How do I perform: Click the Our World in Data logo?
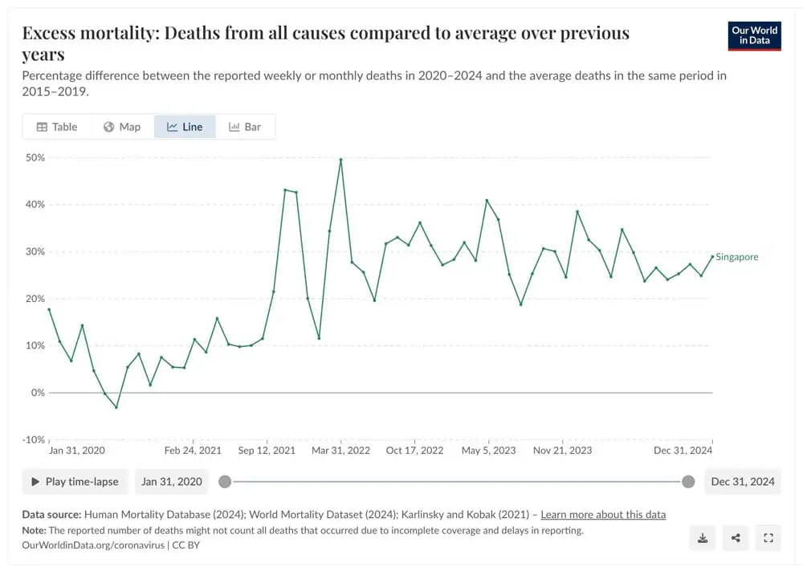(754, 35)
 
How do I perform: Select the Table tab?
(57, 127)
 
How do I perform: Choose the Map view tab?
(122, 127)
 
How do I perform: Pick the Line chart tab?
(185, 127)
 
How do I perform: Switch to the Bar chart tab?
(245, 127)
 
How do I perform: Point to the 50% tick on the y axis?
(35, 157)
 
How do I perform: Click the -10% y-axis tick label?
(33, 440)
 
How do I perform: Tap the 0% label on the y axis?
(38, 393)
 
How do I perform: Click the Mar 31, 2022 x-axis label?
(341, 451)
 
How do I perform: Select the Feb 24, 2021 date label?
(193, 451)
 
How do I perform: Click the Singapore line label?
(736, 257)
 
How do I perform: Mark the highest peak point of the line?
(341, 159)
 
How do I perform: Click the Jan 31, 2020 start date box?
(172, 482)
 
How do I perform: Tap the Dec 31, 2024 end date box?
(743, 482)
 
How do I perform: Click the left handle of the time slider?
(225, 482)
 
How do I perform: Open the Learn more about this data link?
(603, 514)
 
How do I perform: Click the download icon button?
(703, 538)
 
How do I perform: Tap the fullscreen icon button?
(768, 538)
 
